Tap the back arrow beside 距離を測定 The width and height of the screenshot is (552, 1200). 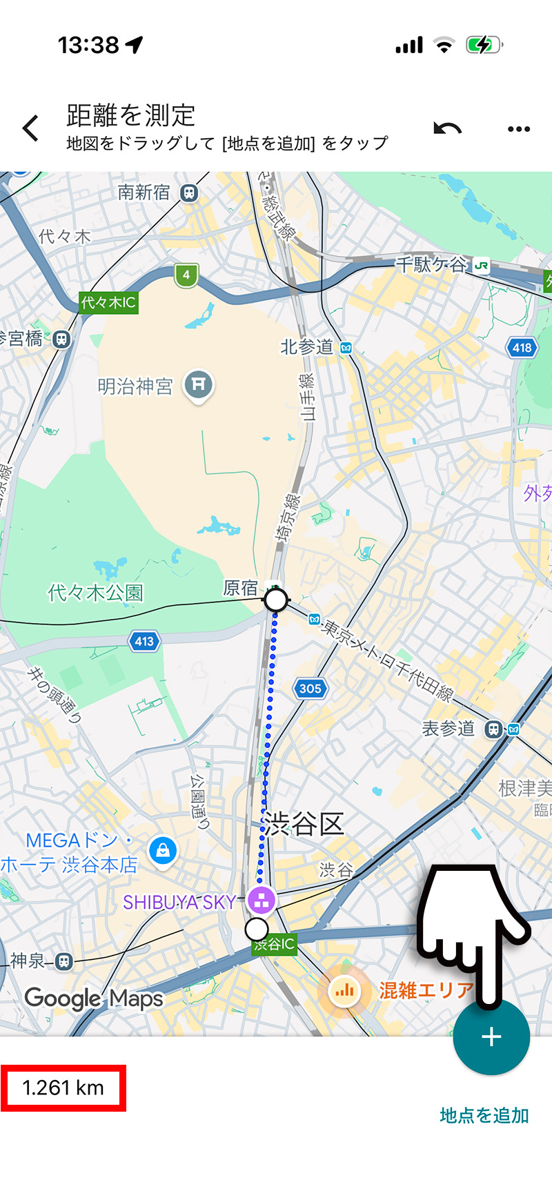click(x=30, y=128)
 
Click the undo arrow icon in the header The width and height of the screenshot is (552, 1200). click(x=447, y=128)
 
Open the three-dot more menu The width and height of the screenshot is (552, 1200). click(x=518, y=129)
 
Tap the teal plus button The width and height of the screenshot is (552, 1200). click(x=491, y=1036)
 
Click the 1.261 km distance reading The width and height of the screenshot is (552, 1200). click(x=63, y=1088)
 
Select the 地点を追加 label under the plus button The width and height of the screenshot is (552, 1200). click(x=484, y=1115)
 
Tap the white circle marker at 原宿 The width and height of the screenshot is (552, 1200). click(x=276, y=600)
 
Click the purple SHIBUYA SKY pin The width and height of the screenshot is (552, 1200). click(x=261, y=900)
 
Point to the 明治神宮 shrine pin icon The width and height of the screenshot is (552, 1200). click(x=198, y=385)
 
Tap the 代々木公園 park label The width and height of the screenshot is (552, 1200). click(x=95, y=593)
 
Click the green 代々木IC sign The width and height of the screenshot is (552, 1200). click(x=108, y=302)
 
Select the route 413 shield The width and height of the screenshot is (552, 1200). click(x=144, y=641)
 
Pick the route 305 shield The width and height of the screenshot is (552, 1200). click(x=310, y=688)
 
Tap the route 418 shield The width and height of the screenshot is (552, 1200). click(x=522, y=347)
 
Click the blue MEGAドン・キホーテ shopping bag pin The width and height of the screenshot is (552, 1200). click(x=163, y=850)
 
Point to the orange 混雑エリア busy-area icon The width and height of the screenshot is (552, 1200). click(x=344, y=992)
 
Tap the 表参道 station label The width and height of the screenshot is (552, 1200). click(x=448, y=729)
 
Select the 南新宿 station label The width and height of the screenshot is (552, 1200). click(x=144, y=193)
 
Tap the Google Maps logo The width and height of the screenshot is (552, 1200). click(x=94, y=999)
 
